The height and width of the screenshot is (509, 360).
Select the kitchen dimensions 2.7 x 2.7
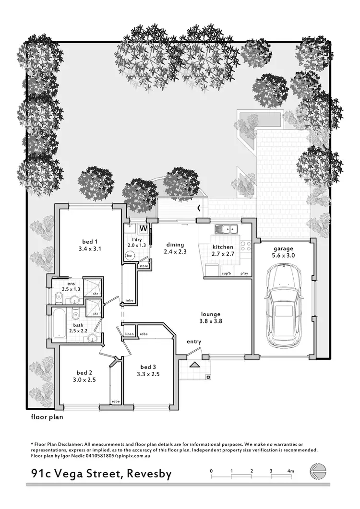coord(223,254)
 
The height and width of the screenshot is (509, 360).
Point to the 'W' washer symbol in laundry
coord(143,228)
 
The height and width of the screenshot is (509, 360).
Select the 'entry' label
coord(194,342)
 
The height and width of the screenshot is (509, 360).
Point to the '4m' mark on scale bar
coord(291,472)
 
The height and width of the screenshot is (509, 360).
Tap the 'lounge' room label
coord(210,315)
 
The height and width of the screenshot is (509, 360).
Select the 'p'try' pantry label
coord(244,274)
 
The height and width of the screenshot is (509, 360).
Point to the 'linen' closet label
coord(129,333)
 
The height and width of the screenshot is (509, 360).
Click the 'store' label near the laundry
coord(144,265)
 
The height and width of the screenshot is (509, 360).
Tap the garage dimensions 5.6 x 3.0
coord(283,256)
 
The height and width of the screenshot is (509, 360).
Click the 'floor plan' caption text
coord(47,417)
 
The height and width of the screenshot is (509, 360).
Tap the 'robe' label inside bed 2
coord(115,401)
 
